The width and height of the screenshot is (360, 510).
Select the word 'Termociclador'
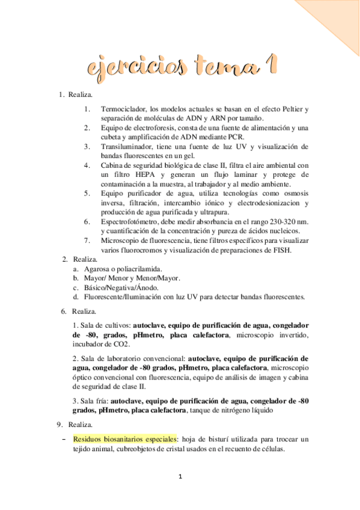pyautogui.click(x=123, y=109)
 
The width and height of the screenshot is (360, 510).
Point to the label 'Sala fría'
pyautogui.click(x=92, y=400)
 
